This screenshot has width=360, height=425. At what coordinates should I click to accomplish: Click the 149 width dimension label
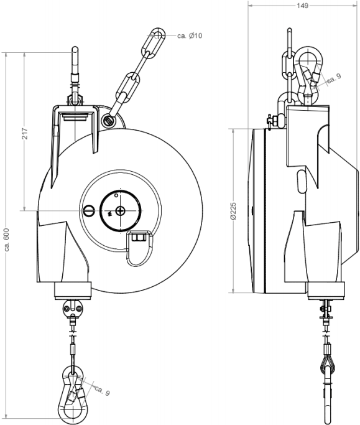click(x=302, y=6)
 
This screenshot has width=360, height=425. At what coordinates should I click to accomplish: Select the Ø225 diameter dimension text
click(x=234, y=210)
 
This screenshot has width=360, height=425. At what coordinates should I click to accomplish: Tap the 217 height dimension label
click(x=25, y=133)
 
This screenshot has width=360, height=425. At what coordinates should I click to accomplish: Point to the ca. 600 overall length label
click(x=7, y=240)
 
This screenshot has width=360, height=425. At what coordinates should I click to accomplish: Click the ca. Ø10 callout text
click(x=190, y=35)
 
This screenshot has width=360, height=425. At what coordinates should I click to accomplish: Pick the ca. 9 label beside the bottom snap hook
click(x=103, y=391)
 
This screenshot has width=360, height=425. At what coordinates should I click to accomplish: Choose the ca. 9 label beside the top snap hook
click(x=334, y=78)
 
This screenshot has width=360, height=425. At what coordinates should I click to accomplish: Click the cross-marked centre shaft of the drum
click(x=120, y=211)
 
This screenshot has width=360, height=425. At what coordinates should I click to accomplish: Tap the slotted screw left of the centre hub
click(x=88, y=210)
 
